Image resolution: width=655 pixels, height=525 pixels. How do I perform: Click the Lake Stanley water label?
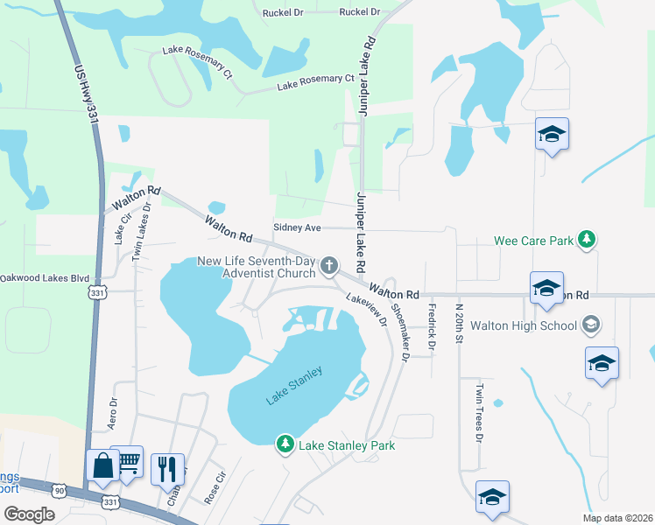click(x=294, y=385)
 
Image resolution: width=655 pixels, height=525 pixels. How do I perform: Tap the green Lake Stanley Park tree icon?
click(x=285, y=444)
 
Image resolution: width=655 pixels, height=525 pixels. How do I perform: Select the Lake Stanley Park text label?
click(x=347, y=445)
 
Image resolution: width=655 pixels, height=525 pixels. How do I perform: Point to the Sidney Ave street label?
click(x=298, y=227)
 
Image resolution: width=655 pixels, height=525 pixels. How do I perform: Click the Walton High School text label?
click(x=524, y=325)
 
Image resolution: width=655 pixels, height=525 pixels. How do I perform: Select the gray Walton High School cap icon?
click(x=591, y=325)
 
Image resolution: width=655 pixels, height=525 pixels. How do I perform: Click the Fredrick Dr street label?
click(x=431, y=321)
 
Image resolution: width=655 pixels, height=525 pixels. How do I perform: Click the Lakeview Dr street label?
click(x=366, y=309)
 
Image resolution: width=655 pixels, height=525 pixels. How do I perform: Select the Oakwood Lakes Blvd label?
click(x=45, y=278)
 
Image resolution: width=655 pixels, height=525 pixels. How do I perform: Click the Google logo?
click(x=29, y=514)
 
